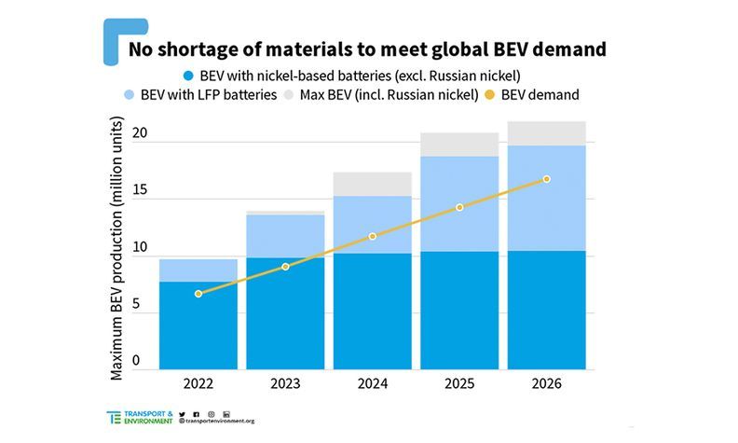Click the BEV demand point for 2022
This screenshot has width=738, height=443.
point(198,294)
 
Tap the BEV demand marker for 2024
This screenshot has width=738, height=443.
point(373,236)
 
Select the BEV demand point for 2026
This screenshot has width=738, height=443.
point(546,179)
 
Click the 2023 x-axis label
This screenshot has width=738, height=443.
point(285,383)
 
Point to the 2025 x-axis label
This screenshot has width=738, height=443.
point(459,383)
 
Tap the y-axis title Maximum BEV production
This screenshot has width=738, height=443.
point(117,248)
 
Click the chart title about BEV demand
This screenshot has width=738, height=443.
point(368,47)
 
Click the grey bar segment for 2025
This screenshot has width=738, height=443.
point(459,145)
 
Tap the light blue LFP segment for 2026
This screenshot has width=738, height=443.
point(546,198)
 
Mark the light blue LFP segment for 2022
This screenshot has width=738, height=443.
point(198,270)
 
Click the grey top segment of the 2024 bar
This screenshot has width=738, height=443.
point(373,184)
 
